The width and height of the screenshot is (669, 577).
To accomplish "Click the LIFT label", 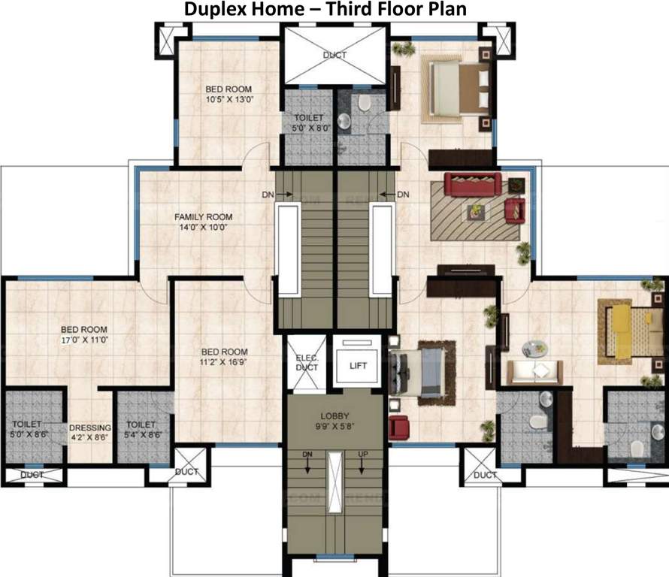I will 358,366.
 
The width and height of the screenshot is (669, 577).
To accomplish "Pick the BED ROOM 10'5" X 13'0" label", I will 229,93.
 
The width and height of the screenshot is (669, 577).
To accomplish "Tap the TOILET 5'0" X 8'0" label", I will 308,122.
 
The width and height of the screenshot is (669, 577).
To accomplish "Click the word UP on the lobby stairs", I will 363,455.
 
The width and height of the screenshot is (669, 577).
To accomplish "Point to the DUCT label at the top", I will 334,55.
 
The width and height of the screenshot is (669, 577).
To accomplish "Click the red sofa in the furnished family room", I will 472,183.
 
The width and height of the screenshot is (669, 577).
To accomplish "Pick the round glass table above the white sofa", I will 535,349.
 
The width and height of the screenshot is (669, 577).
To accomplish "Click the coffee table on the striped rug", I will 476,212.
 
